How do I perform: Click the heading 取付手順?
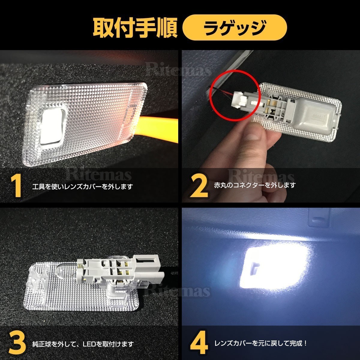[135, 28]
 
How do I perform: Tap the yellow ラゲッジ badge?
[235, 28]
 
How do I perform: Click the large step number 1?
[16, 186]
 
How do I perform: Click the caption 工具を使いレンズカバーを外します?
[82, 187]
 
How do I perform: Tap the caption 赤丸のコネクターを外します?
[255, 185]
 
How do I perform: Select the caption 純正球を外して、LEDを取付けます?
[83, 344]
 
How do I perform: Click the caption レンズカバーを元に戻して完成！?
[260, 343]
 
